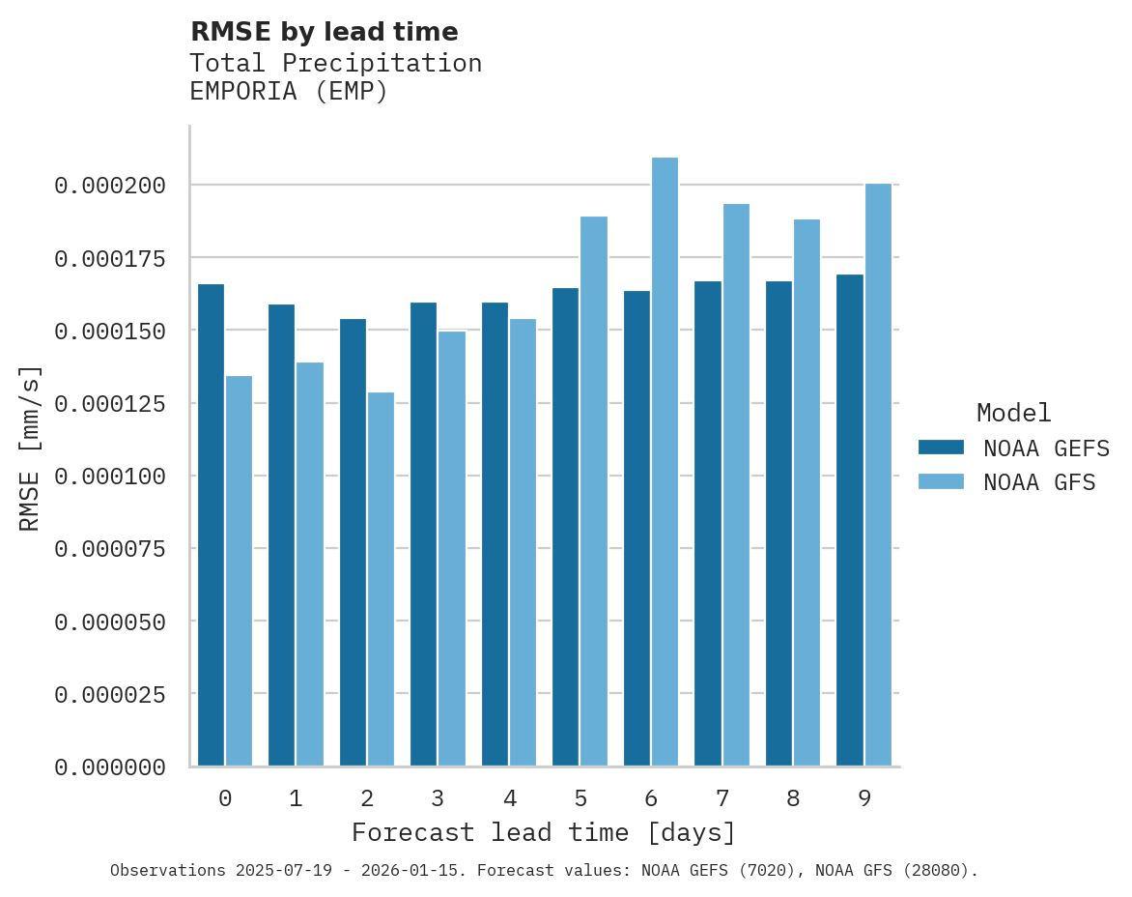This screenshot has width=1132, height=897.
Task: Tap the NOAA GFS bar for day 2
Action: tap(381, 579)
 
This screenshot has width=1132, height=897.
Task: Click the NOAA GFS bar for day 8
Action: tap(807, 493)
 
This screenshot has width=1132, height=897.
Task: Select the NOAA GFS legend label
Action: tap(1039, 481)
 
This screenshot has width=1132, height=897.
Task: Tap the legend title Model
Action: tap(1013, 413)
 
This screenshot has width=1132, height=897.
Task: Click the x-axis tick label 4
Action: tap(509, 798)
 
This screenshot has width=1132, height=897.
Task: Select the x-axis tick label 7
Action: tap(722, 798)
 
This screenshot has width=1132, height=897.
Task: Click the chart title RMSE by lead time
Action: tap(324, 32)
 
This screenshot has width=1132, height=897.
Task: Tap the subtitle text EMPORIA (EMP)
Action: tap(288, 92)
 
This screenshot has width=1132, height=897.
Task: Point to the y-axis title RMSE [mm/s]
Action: tap(30, 448)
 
